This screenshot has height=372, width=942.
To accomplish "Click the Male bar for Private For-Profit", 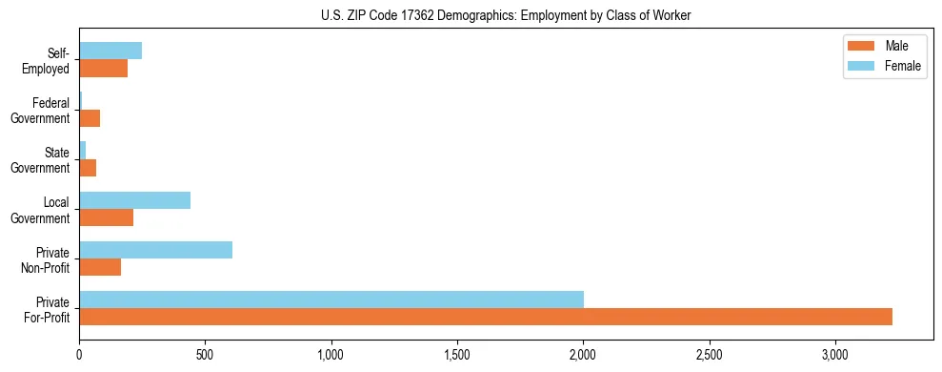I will click(486, 317).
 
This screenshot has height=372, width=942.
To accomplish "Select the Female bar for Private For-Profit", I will click(331, 300).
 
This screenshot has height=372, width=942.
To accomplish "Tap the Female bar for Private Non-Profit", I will click(155, 250).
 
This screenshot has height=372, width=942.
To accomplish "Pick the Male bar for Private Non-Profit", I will click(100, 267).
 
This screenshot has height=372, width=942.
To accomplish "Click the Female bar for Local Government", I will click(134, 200).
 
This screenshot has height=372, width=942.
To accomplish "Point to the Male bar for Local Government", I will click(106, 217).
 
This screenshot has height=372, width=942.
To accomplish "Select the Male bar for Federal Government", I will click(90, 118).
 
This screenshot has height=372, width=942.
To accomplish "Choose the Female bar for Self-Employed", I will click(110, 51).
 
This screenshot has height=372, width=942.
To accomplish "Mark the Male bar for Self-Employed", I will click(103, 69).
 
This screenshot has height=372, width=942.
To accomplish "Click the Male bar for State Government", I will click(88, 168).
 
